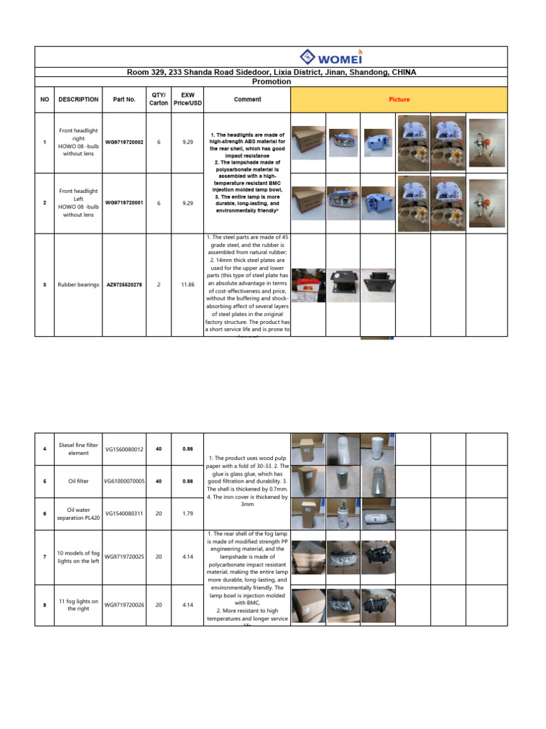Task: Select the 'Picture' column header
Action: point(399,100)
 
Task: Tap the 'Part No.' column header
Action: point(124,100)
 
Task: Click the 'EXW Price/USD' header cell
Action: point(188,99)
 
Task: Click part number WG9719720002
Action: point(124,142)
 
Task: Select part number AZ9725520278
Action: point(124,285)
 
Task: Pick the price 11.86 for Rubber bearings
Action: point(188,285)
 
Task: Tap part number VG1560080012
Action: point(124,449)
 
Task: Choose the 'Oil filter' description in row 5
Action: point(78,481)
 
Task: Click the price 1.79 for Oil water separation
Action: point(188,513)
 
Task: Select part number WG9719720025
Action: point(124,557)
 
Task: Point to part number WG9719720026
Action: point(124,605)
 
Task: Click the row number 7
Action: point(44,557)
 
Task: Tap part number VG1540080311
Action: point(124,513)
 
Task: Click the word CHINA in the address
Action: point(401,73)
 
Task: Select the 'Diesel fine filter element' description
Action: point(78,449)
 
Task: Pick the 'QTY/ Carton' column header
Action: point(159,99)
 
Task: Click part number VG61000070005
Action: point(124,481)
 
